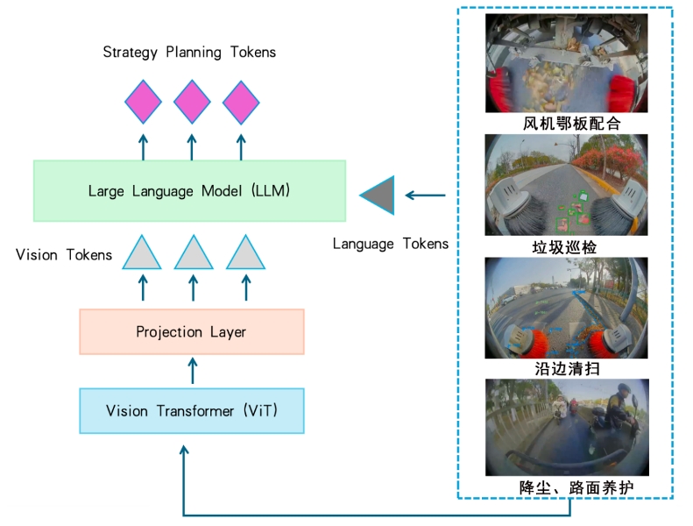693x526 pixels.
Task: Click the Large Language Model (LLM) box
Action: (x=189, y=190)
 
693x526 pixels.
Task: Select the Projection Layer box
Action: (x=192, y=331)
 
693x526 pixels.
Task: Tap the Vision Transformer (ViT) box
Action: (x=192, y=410)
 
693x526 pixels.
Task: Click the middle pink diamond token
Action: (x=192, y=102)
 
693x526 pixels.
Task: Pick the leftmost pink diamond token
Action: (x=143, y=102)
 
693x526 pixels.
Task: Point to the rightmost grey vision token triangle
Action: (x=245, y=252)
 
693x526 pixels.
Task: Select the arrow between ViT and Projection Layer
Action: (x=192, y=371)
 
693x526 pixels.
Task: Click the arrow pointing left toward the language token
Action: (x=425, y=195)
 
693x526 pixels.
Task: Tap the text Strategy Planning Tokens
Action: (x=189, y=53)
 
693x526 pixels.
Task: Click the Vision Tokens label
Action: (x=64, y=255)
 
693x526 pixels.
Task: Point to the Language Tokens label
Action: (x=391, y=244)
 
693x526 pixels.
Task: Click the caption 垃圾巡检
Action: (x=564, y=247)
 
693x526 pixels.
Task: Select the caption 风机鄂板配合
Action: (x=572, y=124)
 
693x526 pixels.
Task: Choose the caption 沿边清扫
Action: (x=567, y=368)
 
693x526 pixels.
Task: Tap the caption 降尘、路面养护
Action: (x=576, y=487)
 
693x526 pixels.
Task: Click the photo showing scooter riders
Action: (x=567, y=427)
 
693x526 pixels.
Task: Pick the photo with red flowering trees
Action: (x=566, y=185)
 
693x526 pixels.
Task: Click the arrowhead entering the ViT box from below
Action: (x=184, y=450)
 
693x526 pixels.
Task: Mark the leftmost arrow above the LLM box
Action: (x=143, y=147)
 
